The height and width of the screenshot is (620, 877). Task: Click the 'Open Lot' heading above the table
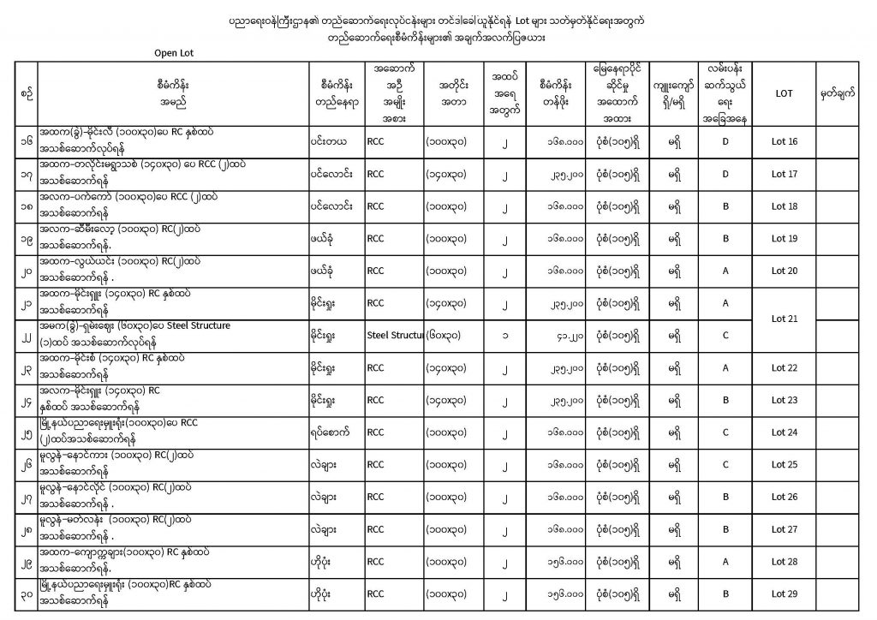click(x=174, y=52)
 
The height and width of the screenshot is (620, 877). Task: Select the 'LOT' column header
click(x=784, y=93)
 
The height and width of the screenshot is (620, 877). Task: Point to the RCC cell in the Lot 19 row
click(x=375, y=239)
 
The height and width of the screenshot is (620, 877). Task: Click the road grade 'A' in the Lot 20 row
click(x=725, y=271)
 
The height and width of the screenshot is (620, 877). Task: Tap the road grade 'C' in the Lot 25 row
click(x=725, y=464)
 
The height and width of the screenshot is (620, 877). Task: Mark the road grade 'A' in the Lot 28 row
click(x=725, y=561)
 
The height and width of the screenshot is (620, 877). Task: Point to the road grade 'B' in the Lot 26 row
click(x=725, y=497)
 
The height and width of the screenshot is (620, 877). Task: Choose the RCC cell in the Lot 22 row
click(x=375, y=367)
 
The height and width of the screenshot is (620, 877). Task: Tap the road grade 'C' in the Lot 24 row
click(x=725, y=432)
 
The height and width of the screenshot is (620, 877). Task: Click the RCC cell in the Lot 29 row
click(x=375, y=593)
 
